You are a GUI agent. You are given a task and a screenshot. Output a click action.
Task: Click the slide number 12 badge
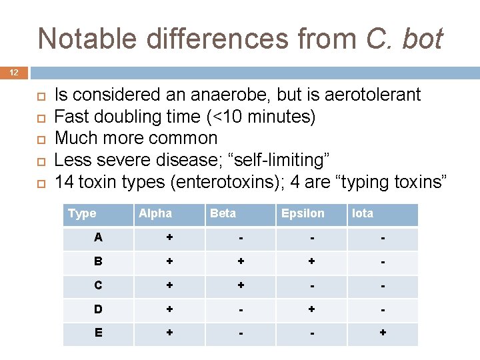coord(14,72)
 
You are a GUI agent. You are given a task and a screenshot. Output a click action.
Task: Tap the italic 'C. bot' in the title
coord(404,39)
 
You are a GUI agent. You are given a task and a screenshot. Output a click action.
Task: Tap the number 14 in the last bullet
coord(65,182)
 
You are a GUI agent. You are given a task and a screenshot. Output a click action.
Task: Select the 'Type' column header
coord(82,213)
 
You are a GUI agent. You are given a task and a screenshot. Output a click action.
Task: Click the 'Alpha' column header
coord(155,213)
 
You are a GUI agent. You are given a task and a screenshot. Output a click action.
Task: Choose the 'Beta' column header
coord(223,213)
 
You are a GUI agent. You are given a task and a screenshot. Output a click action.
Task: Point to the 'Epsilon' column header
coord(303,213)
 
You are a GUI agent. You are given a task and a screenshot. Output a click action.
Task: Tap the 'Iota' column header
coord(363,213)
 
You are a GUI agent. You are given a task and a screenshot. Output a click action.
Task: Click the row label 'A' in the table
coord(99,238)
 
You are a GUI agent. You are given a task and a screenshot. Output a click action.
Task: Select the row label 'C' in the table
coord(99,286)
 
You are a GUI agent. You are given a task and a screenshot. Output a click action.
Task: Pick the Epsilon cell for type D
coord(311,310)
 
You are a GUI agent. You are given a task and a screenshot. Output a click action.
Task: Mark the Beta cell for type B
coord(240,262)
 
